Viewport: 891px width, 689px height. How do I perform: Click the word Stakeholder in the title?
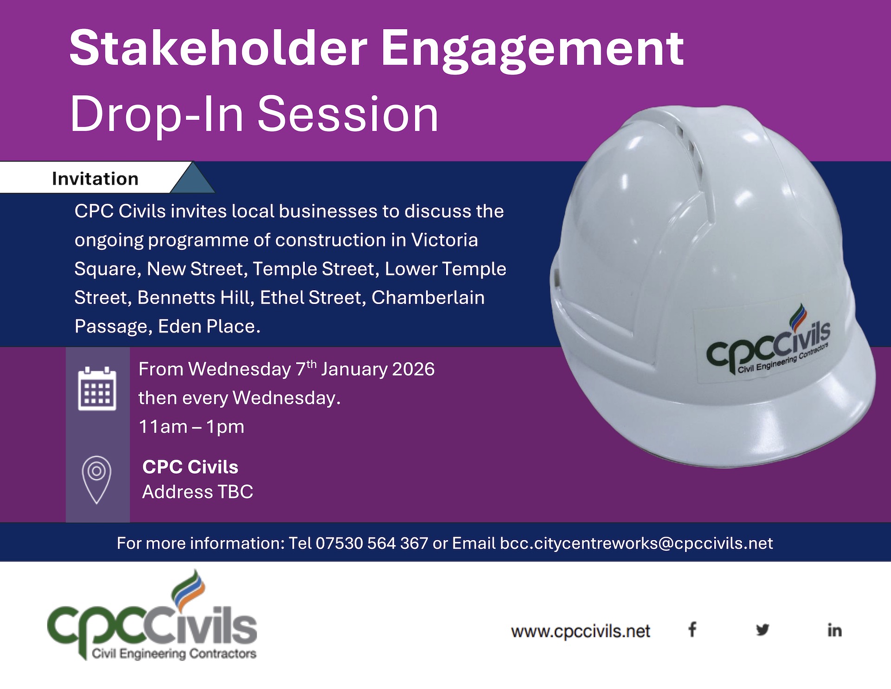[x=218, y=48]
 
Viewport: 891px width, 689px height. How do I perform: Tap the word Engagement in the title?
[x=532, y=50]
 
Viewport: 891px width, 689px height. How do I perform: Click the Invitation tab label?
[x=95, y=179]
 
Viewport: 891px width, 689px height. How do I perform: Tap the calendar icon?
[x=97, y=389]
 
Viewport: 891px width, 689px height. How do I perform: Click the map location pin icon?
[x=97, y=480]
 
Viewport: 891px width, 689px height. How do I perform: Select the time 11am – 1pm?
[x=192, y=427]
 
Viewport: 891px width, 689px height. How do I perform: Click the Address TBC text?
[x=198, y=492]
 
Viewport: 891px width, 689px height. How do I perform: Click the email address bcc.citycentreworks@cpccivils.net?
[x=636, y=543]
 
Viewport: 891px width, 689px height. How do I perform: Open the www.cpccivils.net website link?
[x=581, y=631]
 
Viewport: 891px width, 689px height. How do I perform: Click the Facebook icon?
[x=692, y=630]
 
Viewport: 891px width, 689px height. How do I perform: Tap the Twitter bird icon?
[x=762, y=630]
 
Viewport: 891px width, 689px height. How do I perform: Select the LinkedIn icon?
[x=834, y=630]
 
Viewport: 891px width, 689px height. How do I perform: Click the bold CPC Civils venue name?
[x=190, y=467]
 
